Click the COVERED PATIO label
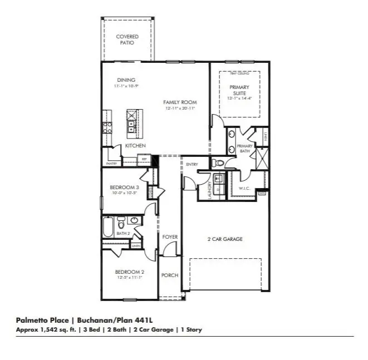pos(127,40)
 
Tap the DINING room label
pos(126,80)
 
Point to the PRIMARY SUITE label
pos(239,90)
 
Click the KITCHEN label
pos(135,146)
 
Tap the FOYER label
pos(170,237)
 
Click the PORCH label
pos(169,275)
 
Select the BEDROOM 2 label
pos(130,272)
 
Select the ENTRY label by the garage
pos(192,164)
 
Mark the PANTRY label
pos(111,164)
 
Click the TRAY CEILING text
pos(239,73)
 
